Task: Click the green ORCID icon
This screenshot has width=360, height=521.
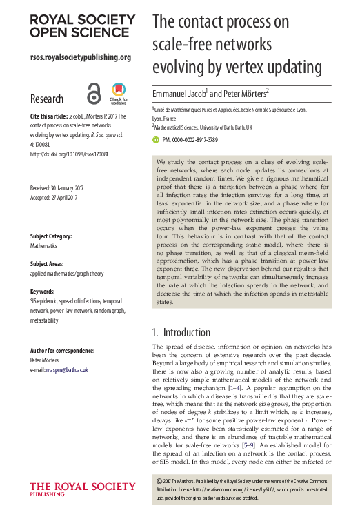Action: point(155,139)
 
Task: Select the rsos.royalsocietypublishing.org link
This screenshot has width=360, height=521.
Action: point(81,57)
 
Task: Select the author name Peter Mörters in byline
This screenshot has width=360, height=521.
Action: point(245,92)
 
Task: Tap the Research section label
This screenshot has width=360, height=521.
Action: point(47,99)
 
